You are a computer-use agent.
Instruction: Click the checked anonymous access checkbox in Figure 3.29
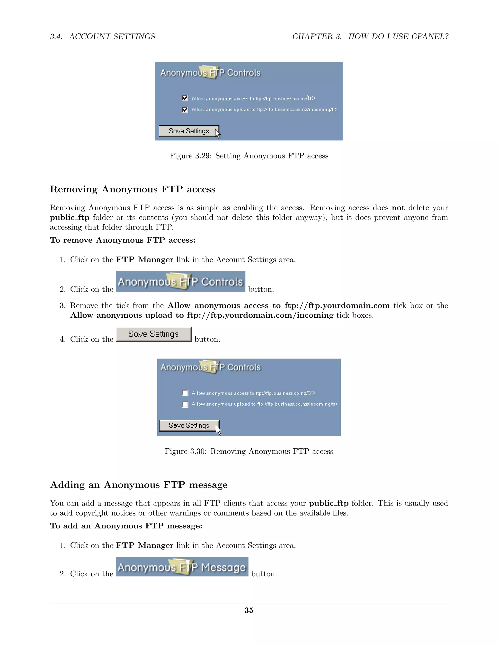pyautogui.click(x=185, y=98)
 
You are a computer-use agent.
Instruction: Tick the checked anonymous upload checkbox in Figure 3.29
pyautogui.click(x=185, y=110)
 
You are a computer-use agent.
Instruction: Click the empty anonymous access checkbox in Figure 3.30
pyautogui.click(x=185, y=393)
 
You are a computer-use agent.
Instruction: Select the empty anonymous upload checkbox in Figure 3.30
pyautogui.click(x=185, y=404)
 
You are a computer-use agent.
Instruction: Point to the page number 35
pyautogui.click(x=249, y=610)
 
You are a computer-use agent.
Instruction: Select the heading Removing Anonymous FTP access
pyautogui.click(x=133, y=189)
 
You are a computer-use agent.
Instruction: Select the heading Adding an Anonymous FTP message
pyautogui.click(x=139, y=485)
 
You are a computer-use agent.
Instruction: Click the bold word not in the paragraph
pyautogui.click(x=398, y=208)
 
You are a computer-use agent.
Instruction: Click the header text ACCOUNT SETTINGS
pyautogui.click(x=112, y=37)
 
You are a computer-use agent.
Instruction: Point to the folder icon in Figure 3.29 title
pyautogui.click(x=209, y=72)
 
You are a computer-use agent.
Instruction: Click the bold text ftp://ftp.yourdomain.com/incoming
pyautogui.click(x=260, y=315)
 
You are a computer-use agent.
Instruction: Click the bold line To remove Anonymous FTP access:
pyautogui.click(x=123, y=240)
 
